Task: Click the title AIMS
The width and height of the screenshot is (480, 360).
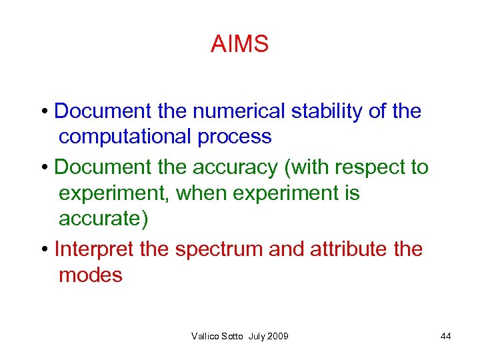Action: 239,45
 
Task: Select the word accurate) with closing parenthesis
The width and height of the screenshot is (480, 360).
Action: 103,219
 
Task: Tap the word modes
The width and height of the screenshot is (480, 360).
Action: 91,275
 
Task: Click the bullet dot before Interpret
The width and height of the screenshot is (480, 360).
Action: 43,250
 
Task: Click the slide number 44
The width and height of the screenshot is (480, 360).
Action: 445,337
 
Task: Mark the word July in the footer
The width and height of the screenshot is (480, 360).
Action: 255,337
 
